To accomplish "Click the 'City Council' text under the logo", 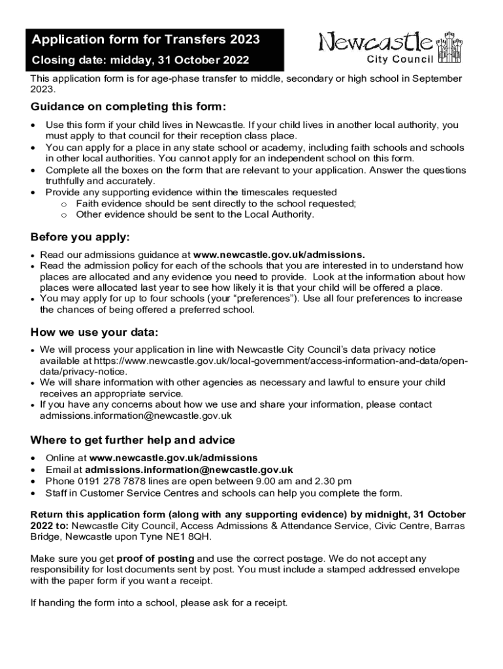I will [400, 60].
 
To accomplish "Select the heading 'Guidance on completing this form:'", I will [128, 107].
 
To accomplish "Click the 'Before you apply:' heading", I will [80, 237].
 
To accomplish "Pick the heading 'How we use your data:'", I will [95, 333].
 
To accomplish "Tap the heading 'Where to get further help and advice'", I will [133, 440].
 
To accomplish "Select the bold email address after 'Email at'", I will [189, 470].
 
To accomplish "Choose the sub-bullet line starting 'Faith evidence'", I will [216, 203].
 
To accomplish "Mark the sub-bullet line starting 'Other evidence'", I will [195, 214].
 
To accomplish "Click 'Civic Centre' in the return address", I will [405, 525].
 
